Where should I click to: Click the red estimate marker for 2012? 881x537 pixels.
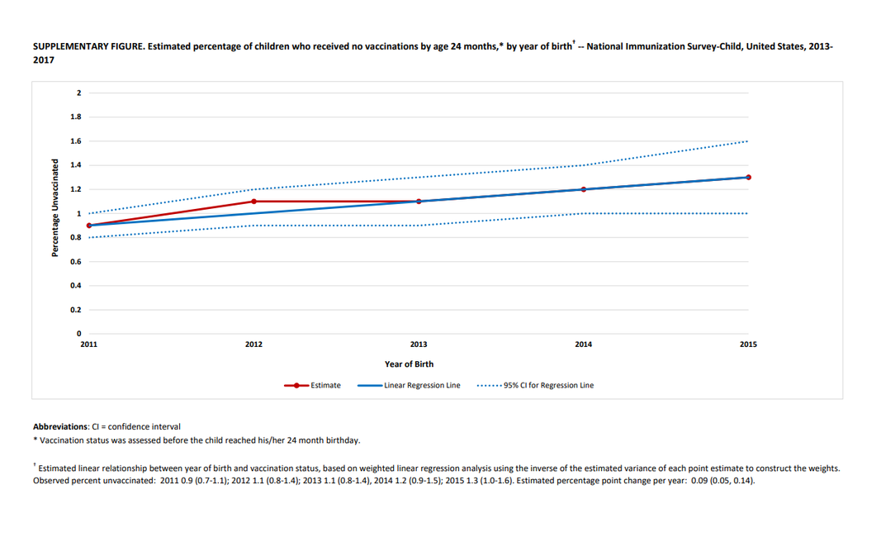tap(253, 201)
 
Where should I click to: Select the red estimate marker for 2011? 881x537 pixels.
tap(89, 226)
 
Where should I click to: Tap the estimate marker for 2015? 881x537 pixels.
tap(748, 177)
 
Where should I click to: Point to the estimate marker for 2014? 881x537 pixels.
tap(583, 189)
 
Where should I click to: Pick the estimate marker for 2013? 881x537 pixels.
tap(419, 201)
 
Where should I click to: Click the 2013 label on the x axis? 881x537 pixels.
tap(419, 345)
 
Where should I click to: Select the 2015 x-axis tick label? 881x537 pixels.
tap(748, 345)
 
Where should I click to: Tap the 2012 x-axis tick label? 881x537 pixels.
tap(253, 345)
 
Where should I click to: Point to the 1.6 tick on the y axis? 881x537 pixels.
tap(76, 141)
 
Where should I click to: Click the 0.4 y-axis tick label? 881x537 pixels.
tap(76, 286)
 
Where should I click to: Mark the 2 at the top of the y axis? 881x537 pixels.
tap(79, 93)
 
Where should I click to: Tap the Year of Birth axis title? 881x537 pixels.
tap(409, 364)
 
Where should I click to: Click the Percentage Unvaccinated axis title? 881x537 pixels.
tap(55, 207)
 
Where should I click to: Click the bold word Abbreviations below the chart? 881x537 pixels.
tap(59, 426)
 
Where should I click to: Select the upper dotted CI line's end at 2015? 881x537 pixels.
tap(747, 141)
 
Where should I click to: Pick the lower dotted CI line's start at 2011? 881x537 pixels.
tap(89, 237)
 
